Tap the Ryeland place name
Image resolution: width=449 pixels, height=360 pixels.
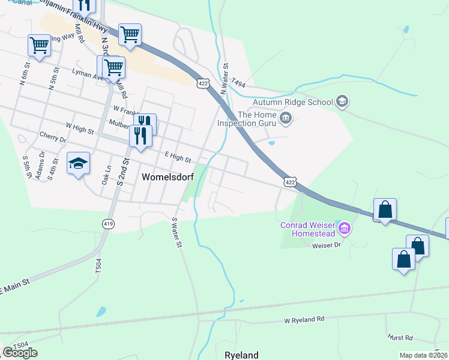tap(241, 355)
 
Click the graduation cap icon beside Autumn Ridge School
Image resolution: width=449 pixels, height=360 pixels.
tap(342, 101)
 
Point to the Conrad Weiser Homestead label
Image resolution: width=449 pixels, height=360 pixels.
tap(306, 230)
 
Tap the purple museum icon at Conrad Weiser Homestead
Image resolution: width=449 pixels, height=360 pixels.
tap(345, 228)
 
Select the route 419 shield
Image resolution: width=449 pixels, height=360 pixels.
tap(108, 224)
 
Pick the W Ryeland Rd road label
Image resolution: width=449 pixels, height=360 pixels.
tap(304, 319)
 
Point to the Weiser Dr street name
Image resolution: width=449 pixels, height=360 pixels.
tap(325, 245)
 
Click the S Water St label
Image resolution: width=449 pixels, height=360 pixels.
tap(177, 233)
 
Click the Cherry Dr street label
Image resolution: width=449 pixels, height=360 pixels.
tap(53, 138)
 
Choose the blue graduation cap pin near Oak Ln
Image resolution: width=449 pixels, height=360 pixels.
tap(78, 164)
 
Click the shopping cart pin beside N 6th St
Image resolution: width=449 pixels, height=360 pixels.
tap(39, 45)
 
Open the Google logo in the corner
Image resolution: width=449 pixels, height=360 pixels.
tap(20, 353)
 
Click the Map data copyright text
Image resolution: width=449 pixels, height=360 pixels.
tap(424, 355)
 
